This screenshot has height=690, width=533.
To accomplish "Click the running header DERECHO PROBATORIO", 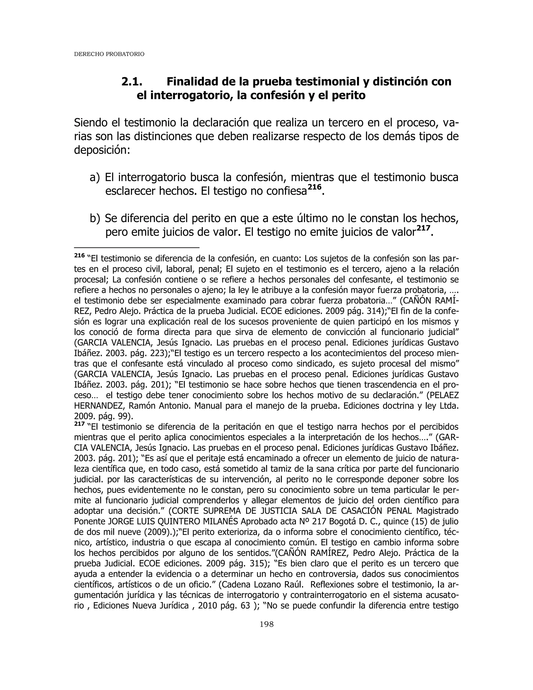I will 109,54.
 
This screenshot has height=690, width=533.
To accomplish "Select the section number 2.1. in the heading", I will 132,82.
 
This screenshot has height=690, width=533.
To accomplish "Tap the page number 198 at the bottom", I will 266,624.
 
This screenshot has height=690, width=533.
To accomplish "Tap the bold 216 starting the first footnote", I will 79,255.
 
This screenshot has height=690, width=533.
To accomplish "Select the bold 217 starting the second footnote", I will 79,424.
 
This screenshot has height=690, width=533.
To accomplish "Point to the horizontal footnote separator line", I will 136,248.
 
